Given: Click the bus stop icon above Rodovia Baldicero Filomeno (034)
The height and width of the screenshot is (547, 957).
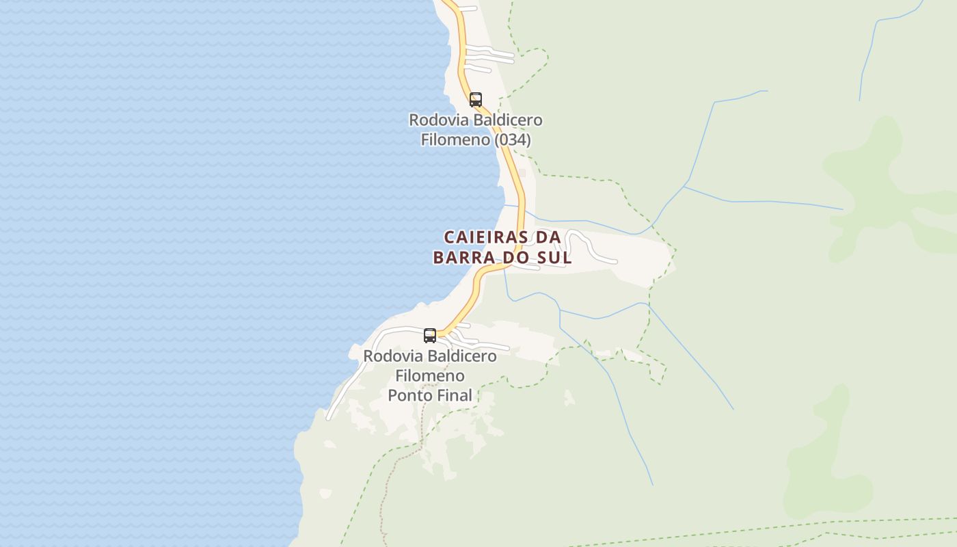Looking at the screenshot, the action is click(476, 100).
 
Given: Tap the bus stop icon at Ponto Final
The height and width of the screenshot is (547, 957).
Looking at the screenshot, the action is click(430, 336).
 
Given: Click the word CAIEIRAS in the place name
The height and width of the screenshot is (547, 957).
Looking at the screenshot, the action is click(487, 237).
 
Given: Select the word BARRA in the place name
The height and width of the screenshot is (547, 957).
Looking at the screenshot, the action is click(464, 258).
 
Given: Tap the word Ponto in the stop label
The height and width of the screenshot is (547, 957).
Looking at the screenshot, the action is click(409, 395).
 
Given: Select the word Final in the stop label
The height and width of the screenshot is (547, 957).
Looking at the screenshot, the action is click(453, 395).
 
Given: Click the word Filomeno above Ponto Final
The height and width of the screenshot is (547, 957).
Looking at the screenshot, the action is click(430, 375).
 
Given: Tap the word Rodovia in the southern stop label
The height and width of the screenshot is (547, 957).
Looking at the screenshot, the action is click(388, 356).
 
